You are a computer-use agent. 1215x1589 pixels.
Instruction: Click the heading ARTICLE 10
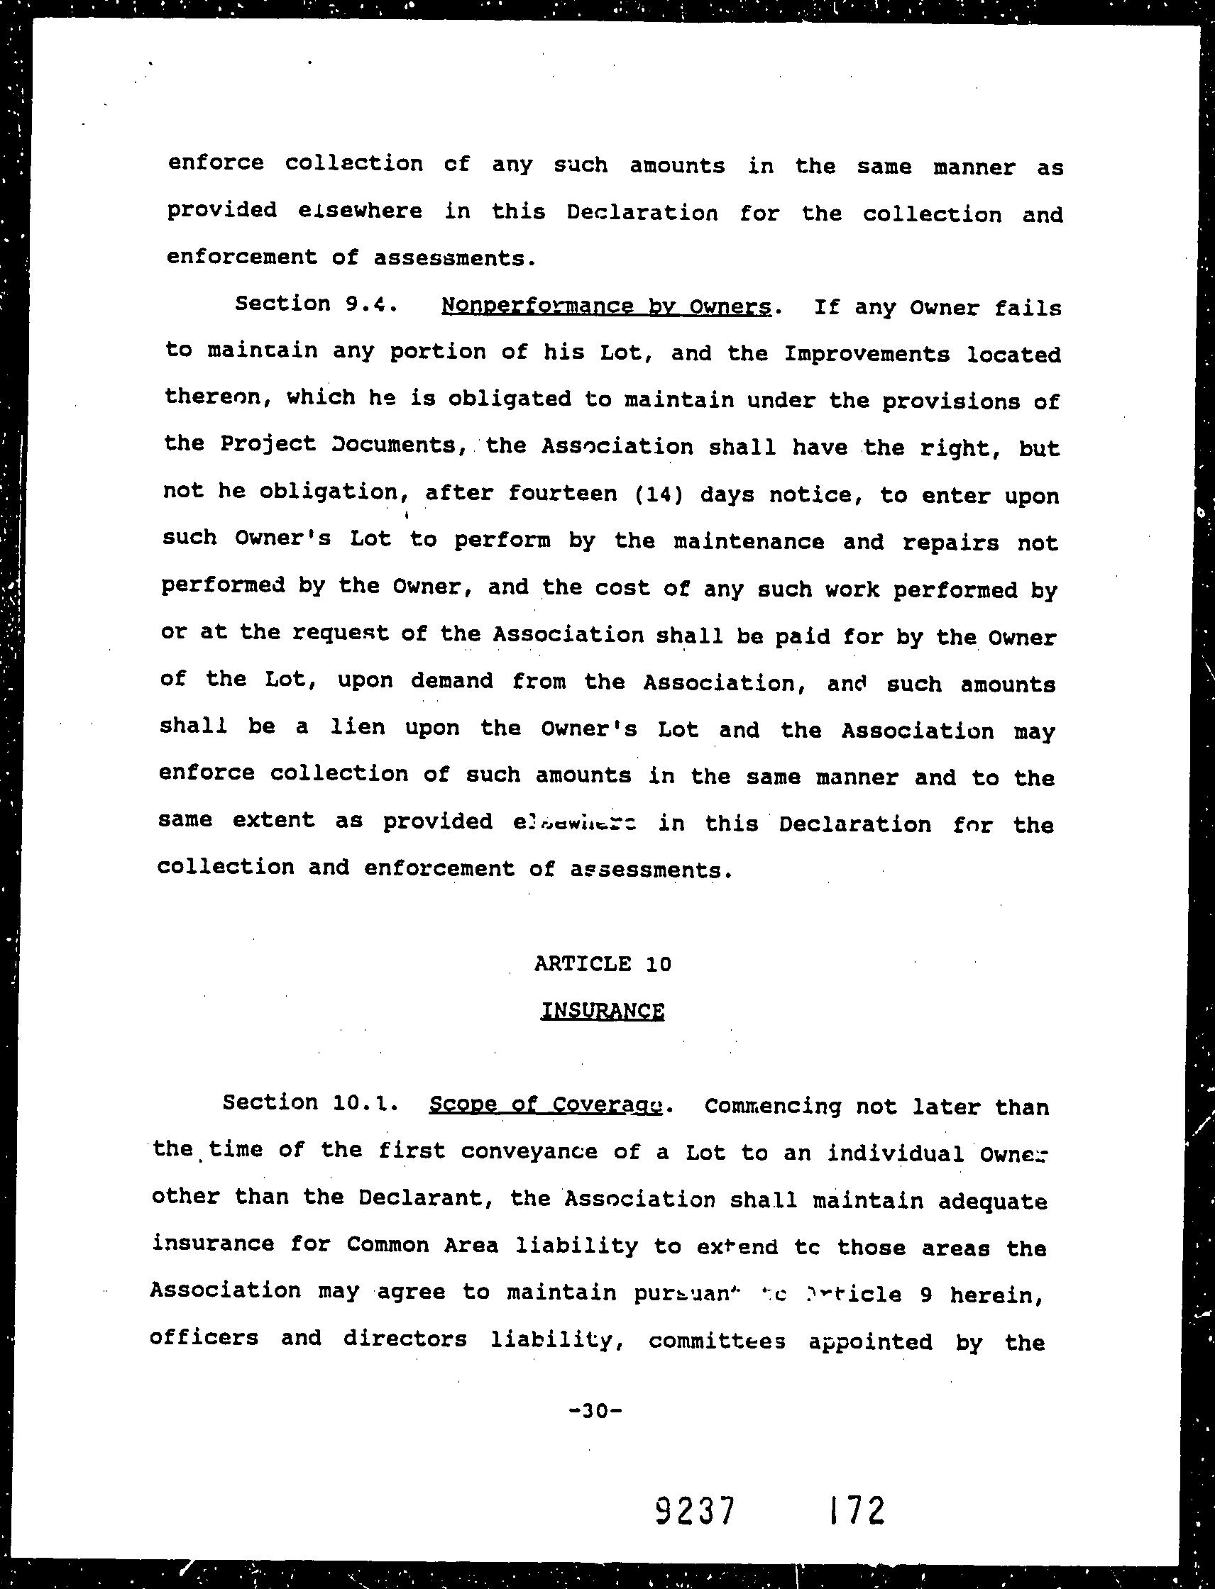pyautogui.click(x=603, y=963)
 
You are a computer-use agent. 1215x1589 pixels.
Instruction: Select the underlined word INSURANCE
pyautogui.click(x=603, y=1010)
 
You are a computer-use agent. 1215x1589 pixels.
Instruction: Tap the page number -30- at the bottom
pyautogui.click(x=596, y=1410)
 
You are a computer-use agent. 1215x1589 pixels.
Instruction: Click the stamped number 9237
pyautogui.click(x=695, y=1510)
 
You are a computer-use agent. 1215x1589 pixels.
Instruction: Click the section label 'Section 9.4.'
pyautogui.click(x=315, y=304)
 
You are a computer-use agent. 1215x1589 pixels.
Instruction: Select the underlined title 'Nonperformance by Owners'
pyautogui.click(x=606, y=306)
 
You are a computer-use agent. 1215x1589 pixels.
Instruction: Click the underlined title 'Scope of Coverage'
pyautogui.click(x=546, y=1105)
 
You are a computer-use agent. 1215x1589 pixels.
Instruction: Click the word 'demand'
pyautogui.click(x=452, y=681)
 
